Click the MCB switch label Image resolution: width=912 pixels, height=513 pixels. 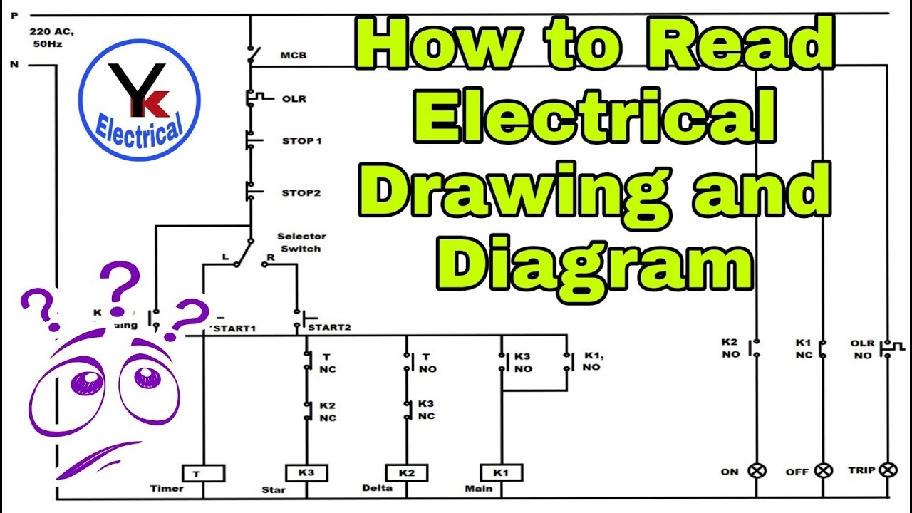pos(293,55)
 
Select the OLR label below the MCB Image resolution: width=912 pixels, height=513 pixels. pos(294,98)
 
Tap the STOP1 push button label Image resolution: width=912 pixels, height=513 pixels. pos(301,141)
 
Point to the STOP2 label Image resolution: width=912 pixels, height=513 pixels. pos(301,192)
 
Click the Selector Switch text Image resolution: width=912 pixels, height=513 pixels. pos(301,242)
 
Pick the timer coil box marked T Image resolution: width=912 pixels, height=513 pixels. pos(203,473)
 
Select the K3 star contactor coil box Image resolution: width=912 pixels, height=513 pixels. pos(306,473)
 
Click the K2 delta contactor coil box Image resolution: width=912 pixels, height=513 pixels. pos(406,473)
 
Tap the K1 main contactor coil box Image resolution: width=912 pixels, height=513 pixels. pos(502,472)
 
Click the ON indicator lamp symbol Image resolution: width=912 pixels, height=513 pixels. pos(756,470)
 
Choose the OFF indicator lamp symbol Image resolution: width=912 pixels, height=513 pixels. pos(824,470)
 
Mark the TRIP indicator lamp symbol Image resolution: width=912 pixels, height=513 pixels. pos(888,470)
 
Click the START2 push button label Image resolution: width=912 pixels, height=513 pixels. pos(328,328)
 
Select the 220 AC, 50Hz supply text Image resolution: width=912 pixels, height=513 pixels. pos(51,38)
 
